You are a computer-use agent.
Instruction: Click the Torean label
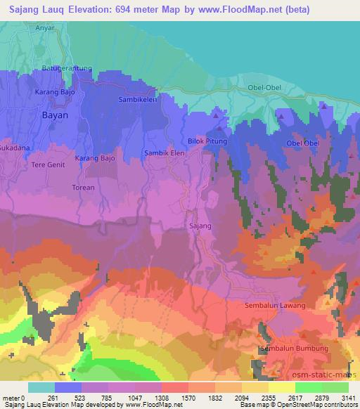[x=83, y=188]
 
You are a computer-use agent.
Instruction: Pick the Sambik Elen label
[x=162, y=152]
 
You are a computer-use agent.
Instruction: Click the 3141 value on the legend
[x=349, y=397]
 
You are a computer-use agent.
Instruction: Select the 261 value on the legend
[x=55, y=397]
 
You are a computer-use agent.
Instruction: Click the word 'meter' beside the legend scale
[x=12, y=397]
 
